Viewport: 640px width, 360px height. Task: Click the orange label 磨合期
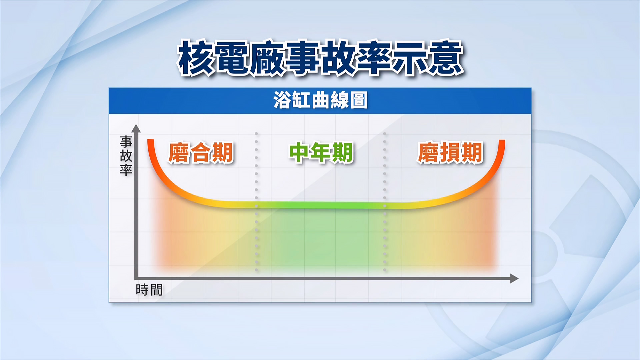[201, 153]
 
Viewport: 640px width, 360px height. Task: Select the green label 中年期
[321, 153]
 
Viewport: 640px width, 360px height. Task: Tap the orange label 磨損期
[450, 153]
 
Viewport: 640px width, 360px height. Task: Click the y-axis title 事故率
[126, 156]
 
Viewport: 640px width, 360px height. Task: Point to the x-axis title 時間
[149, 290]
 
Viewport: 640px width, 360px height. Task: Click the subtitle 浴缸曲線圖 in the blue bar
[320, 101]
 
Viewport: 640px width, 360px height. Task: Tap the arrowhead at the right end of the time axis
[514, 278]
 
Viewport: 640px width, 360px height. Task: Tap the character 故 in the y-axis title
[126, 156]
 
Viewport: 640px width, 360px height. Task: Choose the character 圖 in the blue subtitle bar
[359, 101]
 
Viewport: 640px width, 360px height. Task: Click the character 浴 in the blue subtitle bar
[282, 101]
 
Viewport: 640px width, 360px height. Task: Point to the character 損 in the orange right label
[450, 153]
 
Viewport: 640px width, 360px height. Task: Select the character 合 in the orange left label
[201, 153]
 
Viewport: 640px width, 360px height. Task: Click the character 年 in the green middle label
[321, 153]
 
